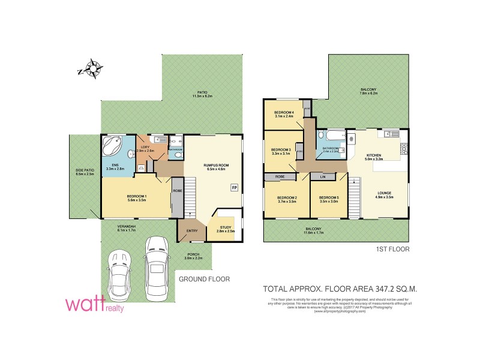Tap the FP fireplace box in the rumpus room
coord(234,187)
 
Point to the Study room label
coord(225,227)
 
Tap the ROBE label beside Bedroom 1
coord(177,191)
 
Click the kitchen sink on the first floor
coord(389,133)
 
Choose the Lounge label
coord(384,194)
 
